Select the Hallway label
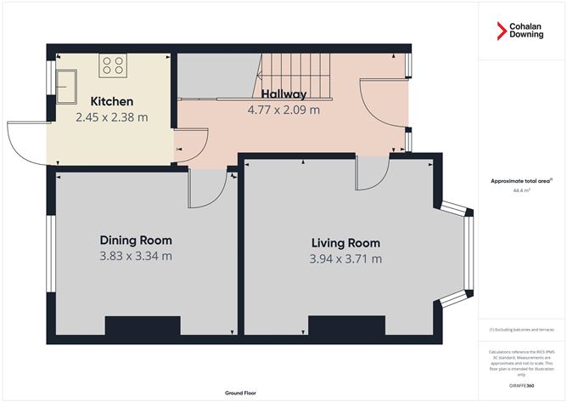283,93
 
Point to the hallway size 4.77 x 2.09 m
283,110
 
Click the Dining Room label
135,239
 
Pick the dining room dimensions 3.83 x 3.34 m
135,255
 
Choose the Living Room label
345,242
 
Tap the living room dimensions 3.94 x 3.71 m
345,258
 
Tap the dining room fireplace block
143,326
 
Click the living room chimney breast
345,326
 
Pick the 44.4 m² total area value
521,191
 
